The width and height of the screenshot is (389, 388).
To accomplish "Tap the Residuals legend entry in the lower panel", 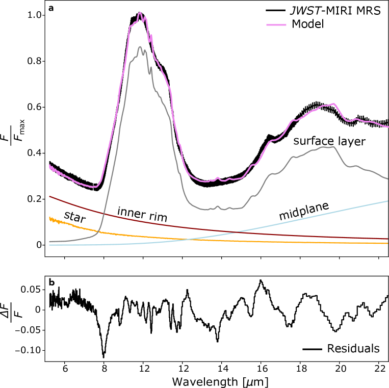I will click(x=353, y=349).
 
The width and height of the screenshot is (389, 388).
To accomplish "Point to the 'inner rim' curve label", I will click(x=142, y=215).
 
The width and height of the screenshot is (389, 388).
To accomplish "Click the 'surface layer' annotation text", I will click(x=329, y=141).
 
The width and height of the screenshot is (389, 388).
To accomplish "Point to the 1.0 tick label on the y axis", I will click(x=34, y=15).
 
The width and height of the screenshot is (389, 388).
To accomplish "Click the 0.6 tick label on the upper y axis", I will click(x=34, y=107).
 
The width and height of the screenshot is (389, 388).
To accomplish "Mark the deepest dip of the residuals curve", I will click(x=103, y=356).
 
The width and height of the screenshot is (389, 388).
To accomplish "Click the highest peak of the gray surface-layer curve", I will click(x=140, y=47).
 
